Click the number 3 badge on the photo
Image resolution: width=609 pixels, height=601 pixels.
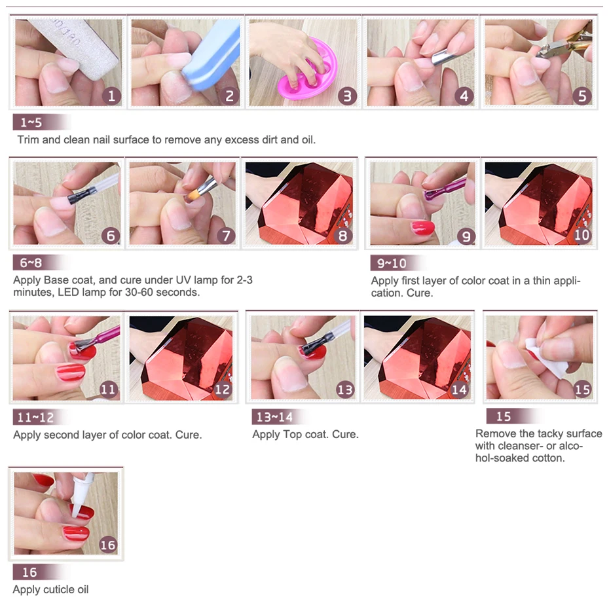[x=347, y=96]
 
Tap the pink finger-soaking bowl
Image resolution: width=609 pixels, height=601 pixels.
[x=307, y=69]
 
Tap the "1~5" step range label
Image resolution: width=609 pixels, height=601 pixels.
[x=31, y=122]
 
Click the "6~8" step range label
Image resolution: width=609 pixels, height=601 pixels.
[x=31, y=263]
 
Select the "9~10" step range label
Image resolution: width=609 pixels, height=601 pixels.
[x=392, y=264]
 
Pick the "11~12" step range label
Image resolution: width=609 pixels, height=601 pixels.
[x=35, y=418]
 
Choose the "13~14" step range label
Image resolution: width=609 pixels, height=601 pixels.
[x=274, y=417]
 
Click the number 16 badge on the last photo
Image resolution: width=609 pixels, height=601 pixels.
[x=107, y=545]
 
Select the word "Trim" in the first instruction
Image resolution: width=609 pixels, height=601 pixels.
[x=28, y=139]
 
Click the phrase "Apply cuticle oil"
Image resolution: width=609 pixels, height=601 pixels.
[x=50, y=589]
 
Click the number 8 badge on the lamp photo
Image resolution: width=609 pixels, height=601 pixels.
[x=342, y=235]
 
